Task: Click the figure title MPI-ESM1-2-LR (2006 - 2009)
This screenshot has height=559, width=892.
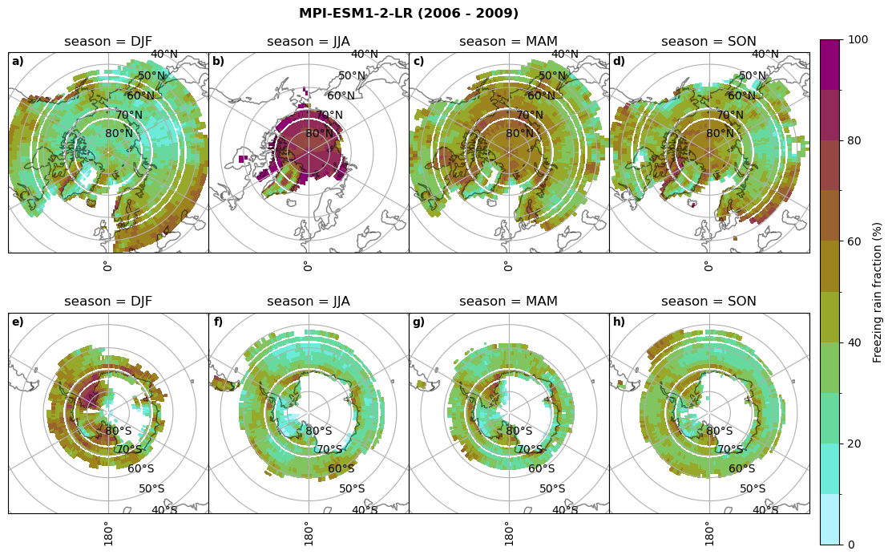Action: tap(409, 14)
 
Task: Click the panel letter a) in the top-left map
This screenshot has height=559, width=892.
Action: tap(18, 62)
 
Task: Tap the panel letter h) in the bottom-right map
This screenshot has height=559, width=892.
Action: tap(620, 322)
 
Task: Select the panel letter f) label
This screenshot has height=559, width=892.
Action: tap(218, 322)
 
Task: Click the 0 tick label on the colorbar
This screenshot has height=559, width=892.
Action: tap(851, 545)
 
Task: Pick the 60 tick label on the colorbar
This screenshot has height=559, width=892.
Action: tap(854, 241)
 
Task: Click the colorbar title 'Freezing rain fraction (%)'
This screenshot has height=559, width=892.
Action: tap(878, 292)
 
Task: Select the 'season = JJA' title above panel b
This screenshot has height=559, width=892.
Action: tap(309, 42)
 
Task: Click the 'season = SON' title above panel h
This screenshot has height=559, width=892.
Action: tap(708, 302)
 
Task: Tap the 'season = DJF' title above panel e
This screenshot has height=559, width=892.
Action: tap(108, 302)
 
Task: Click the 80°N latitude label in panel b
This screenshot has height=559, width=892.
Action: tap(319, 134)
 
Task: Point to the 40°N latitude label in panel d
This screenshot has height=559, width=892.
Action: tap(765, 55)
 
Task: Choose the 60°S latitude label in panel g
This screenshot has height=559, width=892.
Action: tap(542, 469)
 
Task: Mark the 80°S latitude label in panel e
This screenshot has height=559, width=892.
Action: tap(119, 431)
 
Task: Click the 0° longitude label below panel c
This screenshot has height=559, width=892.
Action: tap(508, 265)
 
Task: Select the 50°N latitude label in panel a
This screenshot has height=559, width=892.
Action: tap(151, 76)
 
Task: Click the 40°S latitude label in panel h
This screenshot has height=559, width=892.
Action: tap(765, 510)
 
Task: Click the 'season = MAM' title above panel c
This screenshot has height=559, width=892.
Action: tap(508, 42)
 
